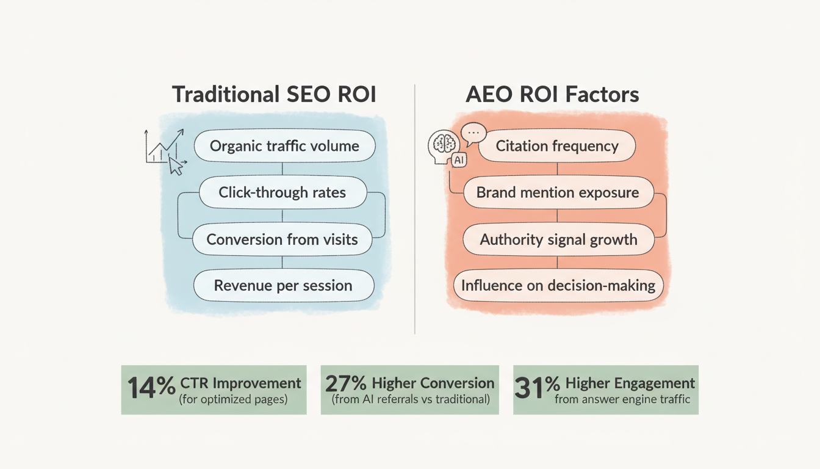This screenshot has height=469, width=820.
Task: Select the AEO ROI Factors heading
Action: click(x=552, y=95)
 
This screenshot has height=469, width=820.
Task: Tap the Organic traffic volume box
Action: click(x=284, y=147)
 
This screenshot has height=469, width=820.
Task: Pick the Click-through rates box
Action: click(x=282, y=193)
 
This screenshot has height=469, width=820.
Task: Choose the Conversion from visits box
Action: click(x=282, y=239)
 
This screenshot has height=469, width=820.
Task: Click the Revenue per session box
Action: click(x=283, y=285)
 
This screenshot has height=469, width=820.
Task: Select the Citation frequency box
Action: click(x=556, y=147)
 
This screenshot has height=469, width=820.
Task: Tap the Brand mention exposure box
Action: click(x=558, y=193)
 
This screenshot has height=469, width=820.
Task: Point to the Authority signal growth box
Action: click(x=558, y=239)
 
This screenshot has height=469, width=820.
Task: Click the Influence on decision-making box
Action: click(x=558, y=285)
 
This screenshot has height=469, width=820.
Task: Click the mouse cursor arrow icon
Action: click(x=176, y=165)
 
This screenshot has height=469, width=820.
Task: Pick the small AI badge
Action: click(x=458, y=160)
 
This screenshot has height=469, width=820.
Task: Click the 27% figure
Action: click(x=345, y=384)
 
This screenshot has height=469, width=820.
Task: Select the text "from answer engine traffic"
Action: click(x=622, y=400)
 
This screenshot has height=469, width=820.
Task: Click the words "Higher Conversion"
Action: click(x=432, y=383)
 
